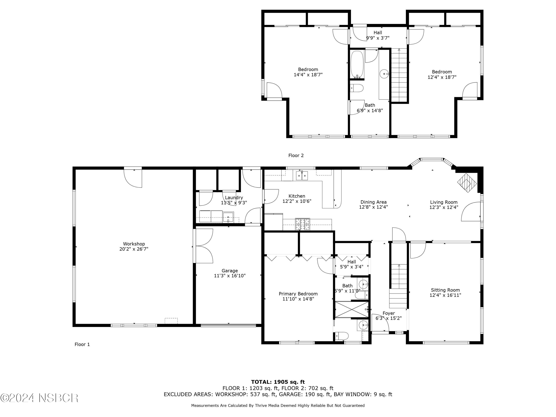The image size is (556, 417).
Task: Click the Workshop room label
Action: click(x=134, y=244)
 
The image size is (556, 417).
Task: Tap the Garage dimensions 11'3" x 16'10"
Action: click(x=229, y=276)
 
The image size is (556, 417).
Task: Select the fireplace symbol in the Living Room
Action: click(x=467, y=183)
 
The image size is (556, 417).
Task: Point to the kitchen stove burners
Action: click(x=302, y=224)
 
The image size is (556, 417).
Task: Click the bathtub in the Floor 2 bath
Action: click(x=357, y=64)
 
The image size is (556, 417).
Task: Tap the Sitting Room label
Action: click(x=445, y=290)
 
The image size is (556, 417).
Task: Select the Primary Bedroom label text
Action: click(x=298, y=294)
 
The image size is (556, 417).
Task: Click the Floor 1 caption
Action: click(x=82, y=344)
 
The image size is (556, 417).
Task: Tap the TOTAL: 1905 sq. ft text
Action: click(x=278, y=382)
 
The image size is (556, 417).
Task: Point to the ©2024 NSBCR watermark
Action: click(x=39, y=398)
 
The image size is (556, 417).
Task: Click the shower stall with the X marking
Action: click(x=351, y=310)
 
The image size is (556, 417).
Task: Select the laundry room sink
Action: click(x=228, y=217)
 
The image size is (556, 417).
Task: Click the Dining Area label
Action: click(x=373, y=202)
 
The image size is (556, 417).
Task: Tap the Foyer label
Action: click(x=389, y=313)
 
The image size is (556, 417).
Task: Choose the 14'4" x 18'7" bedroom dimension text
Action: click(x=308, y=75)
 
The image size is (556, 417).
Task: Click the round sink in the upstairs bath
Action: click(x=384, y=74)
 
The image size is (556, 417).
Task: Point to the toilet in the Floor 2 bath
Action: click(x=357, y=88)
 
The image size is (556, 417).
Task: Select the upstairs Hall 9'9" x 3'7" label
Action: click(x=378, y=35)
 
